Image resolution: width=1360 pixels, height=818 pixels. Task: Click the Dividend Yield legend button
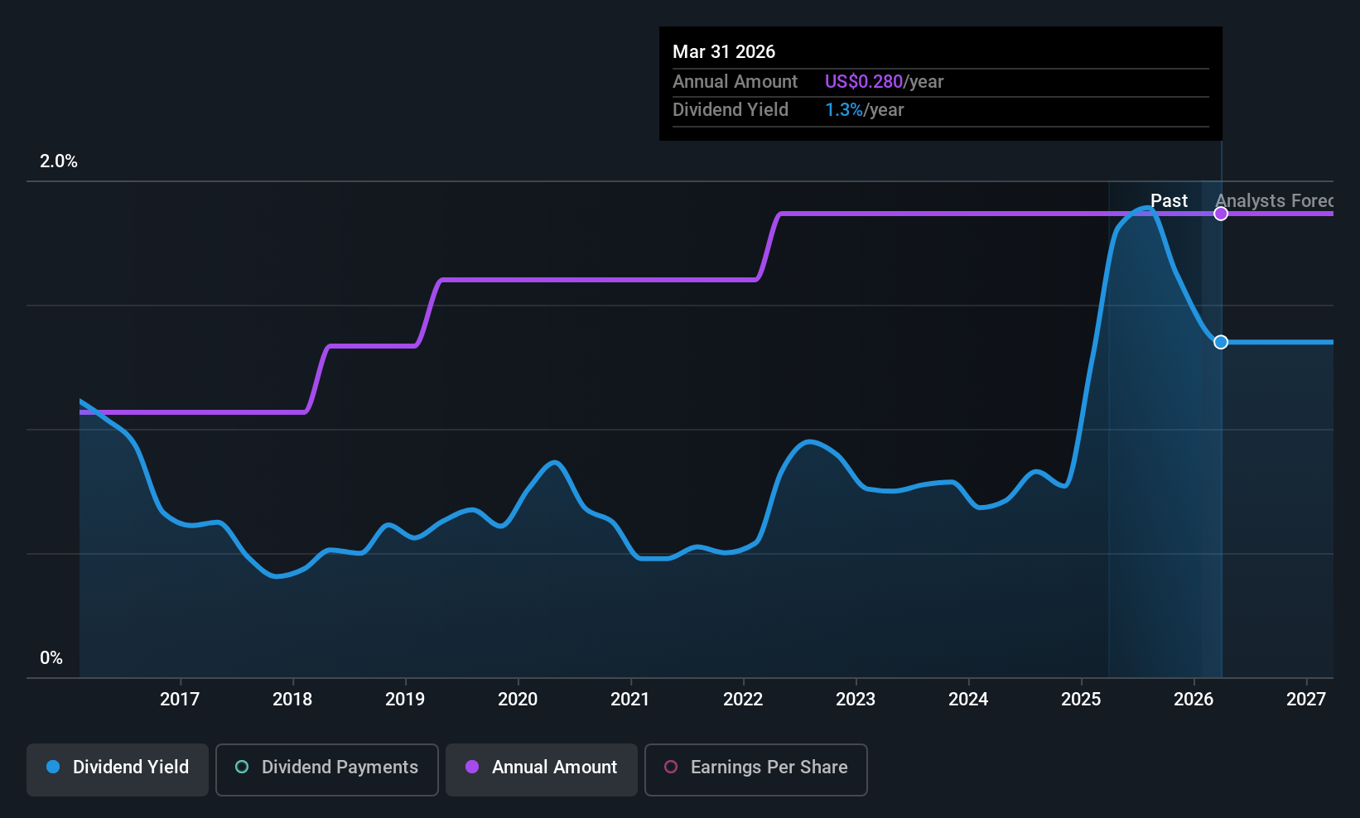click(117, 769)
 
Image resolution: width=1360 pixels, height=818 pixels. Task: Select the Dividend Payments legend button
click(326, 769)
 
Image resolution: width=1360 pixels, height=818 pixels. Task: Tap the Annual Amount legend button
click(542, 769)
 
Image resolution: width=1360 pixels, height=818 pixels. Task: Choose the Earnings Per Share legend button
click(756, 769)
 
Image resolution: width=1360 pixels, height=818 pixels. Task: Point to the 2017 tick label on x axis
click(180, 699)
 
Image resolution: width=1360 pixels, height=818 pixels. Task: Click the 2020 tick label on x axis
click(518, 699)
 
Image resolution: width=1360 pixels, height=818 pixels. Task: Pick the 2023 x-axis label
click(856, 699)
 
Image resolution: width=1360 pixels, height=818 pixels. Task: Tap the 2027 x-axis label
click(1306, 699)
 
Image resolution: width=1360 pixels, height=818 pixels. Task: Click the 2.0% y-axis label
click(58, 161)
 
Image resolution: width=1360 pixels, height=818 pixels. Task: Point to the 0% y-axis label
click(51, 658)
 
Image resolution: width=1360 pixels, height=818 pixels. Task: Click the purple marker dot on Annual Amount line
click(1221, 214)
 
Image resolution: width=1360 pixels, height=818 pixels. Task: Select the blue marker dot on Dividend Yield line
click(1221, 342)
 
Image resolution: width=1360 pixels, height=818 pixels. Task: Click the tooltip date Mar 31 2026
click(724, 51)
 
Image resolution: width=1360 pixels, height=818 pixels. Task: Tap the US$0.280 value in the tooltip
click(863, 81)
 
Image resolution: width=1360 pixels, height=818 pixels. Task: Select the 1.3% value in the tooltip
click(844, 110)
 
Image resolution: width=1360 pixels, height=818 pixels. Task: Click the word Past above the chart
click(1169, 201)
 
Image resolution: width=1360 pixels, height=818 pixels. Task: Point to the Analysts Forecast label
click(1274, 201)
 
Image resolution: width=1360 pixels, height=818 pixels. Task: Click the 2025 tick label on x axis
click(1081, 699)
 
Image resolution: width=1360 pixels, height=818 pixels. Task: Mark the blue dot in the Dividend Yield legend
click(54, 767)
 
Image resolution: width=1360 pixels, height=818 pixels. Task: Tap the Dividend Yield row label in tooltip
click(731, 110)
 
